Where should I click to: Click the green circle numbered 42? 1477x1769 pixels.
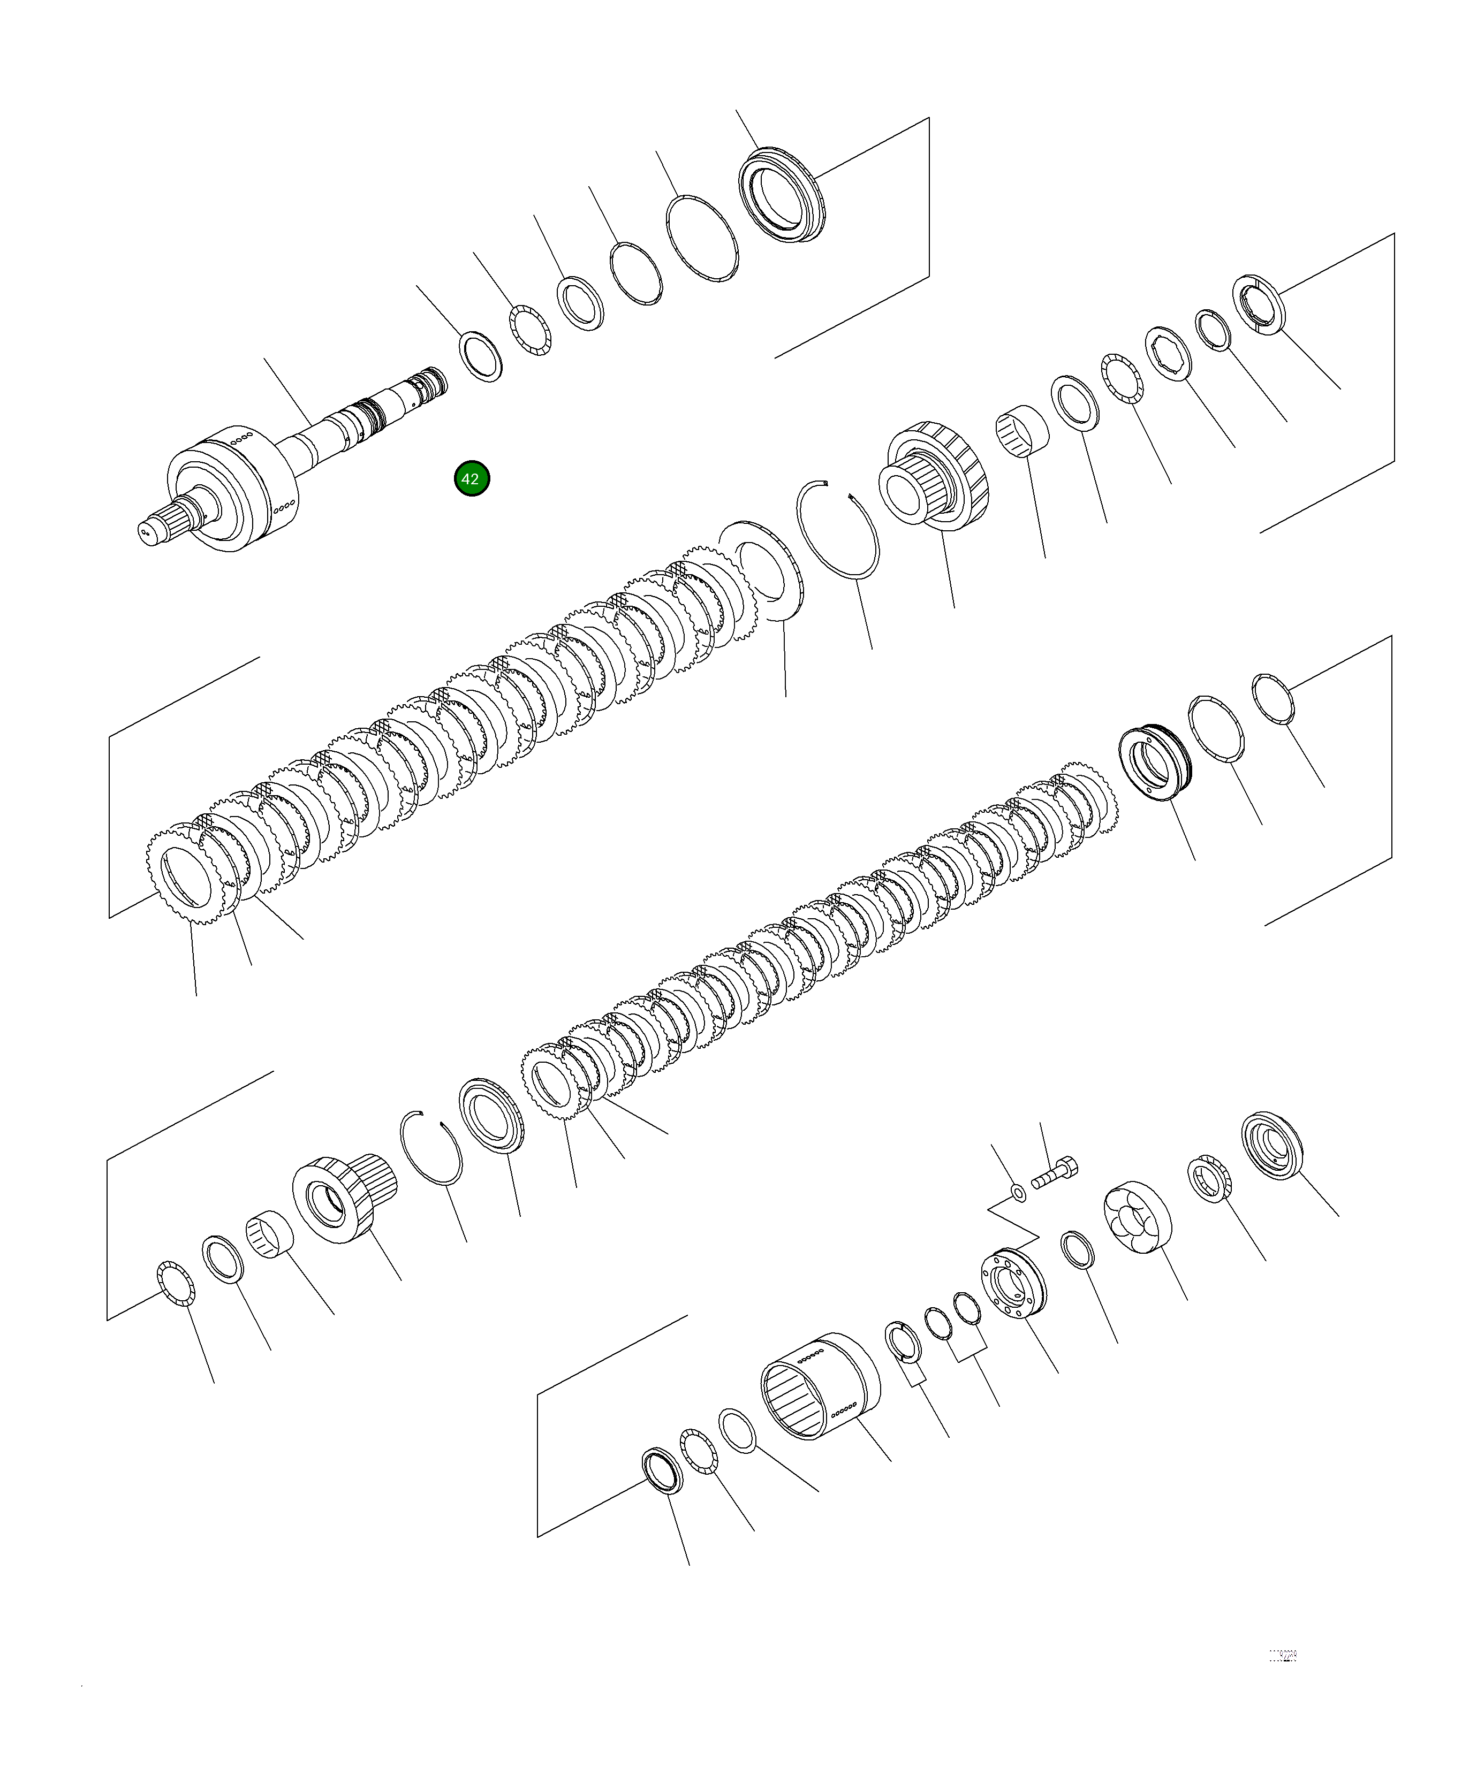pyautogui.click(x=471, y=478)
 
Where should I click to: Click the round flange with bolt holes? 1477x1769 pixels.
pyautogui.click(x=1013, y=1285)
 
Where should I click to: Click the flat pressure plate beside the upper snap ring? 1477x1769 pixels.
pyautogui.click(x=762, y=573)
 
